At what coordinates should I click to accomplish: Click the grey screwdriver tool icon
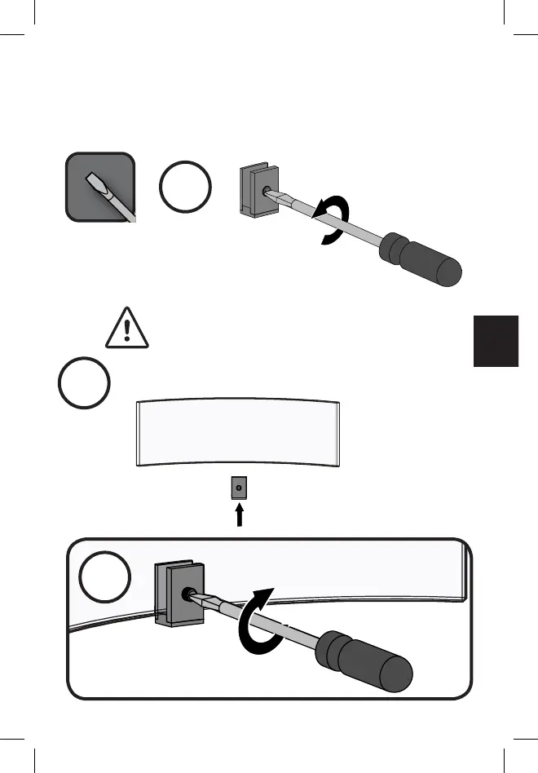[x=99, y=185]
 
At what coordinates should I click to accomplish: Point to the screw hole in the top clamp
[x=265, y=192]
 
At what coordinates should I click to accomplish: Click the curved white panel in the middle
[x=238, y=434]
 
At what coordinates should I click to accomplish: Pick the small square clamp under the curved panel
[x=238, y=489]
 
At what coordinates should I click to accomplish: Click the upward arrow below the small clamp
[x=239, y=515]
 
